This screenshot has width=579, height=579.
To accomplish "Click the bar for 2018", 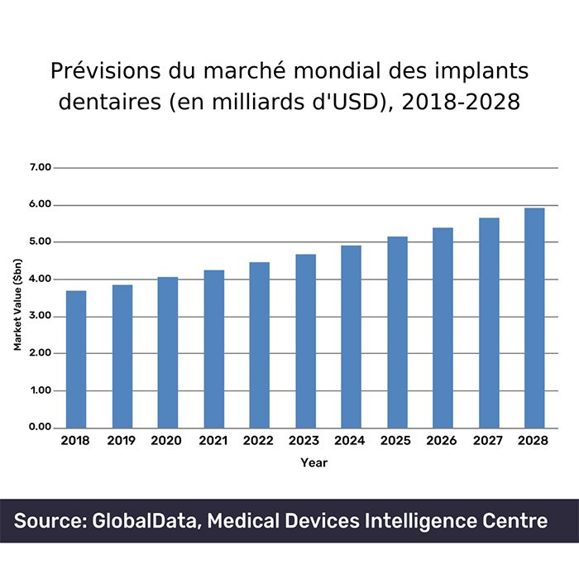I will (76, 359).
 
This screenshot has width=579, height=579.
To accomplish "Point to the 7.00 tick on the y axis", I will (41, 167).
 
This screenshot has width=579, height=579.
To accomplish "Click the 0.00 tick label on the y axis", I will (41, 428).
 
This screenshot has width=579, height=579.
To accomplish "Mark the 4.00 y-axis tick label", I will (41, 280).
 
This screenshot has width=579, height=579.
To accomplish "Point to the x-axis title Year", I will (313, 463).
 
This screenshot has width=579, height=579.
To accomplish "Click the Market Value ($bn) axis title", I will (17, 297).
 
